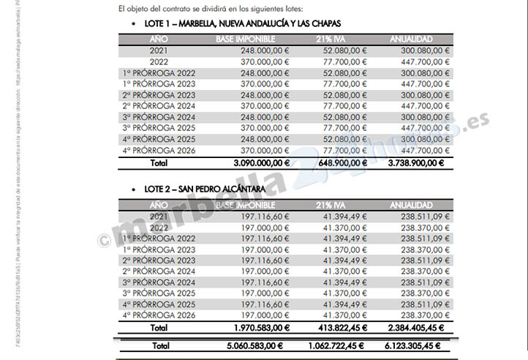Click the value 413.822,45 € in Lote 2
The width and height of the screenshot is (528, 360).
click(x=342, y=327)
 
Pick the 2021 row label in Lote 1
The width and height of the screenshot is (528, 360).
click(x=159, y=50)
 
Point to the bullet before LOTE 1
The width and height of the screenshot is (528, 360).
click(x=134, y=25)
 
